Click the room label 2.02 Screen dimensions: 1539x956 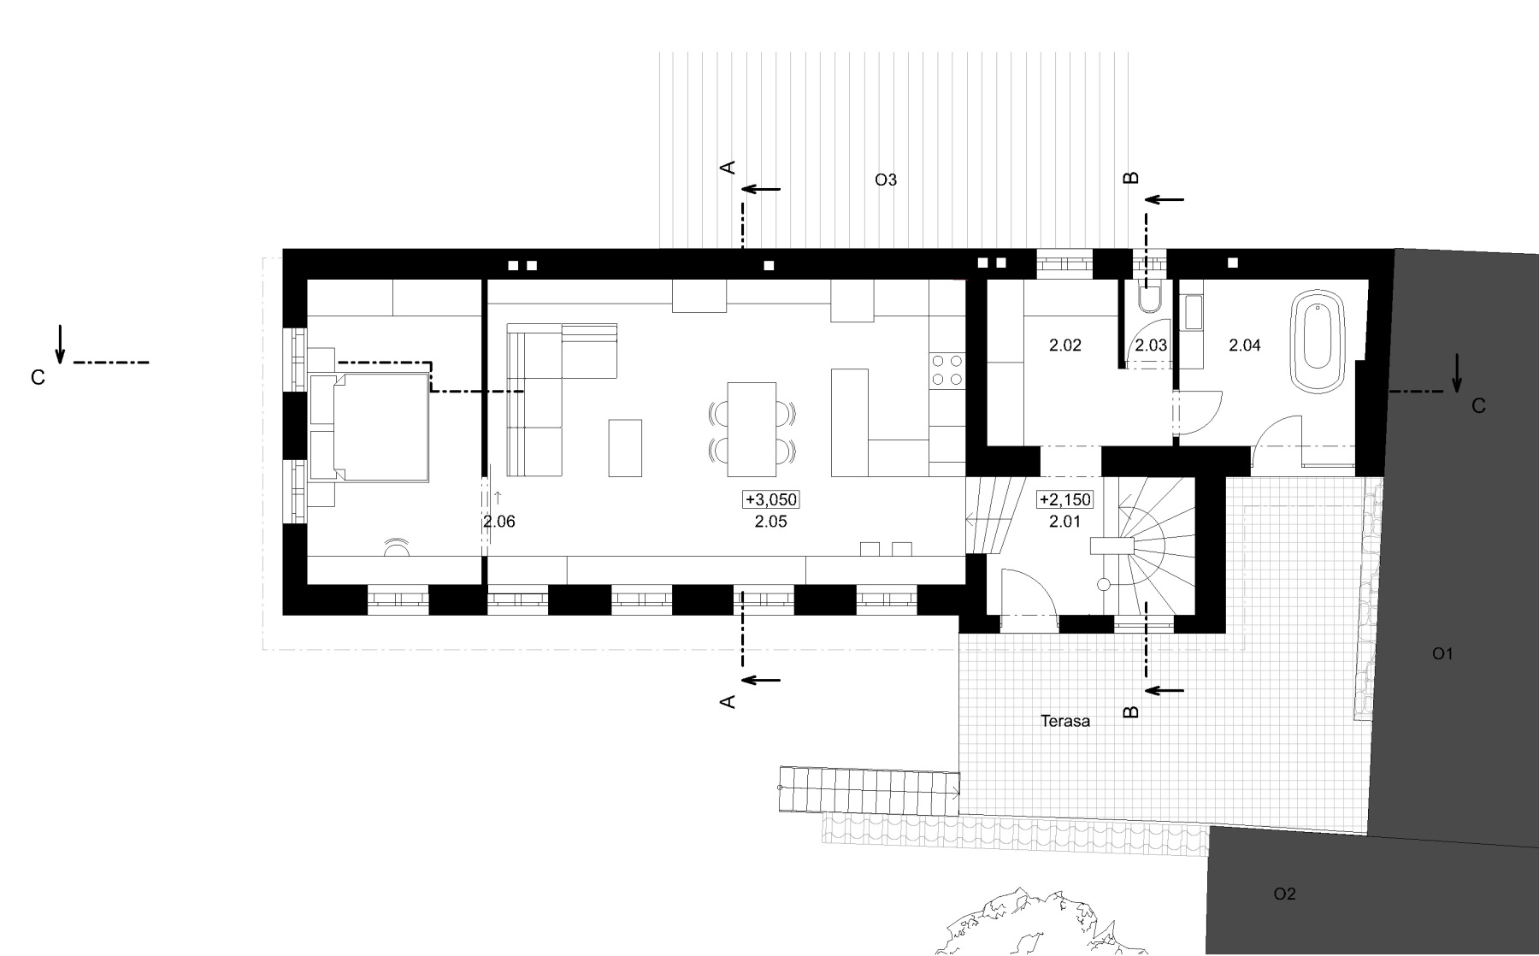tap(1064, 345)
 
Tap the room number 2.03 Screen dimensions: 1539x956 tap(1151, 345)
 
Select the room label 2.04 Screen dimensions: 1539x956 tap(1244, 345)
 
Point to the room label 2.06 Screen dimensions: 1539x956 tap(499, 522)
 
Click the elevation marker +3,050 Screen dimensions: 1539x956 tap(771, 500)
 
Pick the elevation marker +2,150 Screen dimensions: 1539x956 tap(1064, 500)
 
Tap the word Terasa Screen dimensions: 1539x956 tap(1065, 721)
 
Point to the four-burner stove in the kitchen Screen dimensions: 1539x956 tap(946, 370)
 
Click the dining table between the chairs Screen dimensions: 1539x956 tap(752, 429)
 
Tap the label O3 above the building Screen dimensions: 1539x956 tap(886, 180)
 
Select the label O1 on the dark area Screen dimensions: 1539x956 tap(1442, 654)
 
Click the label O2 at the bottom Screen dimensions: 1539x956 tap(1284, 894)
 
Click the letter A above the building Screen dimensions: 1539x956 tap(728, 168)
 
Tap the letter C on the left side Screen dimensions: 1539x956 tap(38, 377)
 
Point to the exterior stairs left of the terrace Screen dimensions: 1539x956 tap(869, 789)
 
